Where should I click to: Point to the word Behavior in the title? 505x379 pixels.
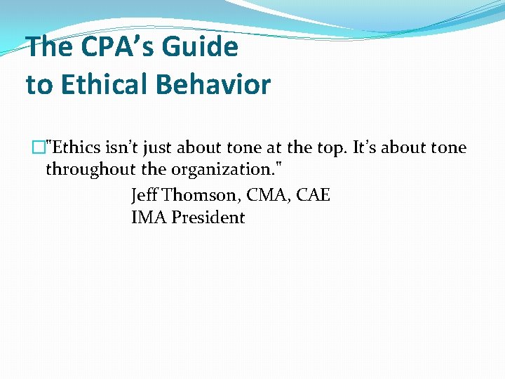[213, 85]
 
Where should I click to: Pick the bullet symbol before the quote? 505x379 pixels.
[37, 148]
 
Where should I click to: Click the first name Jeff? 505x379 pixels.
[144, 194]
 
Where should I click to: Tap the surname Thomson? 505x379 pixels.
[201, 194]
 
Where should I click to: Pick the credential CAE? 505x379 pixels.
[314, 194]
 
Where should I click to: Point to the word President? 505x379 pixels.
[208, 218]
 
